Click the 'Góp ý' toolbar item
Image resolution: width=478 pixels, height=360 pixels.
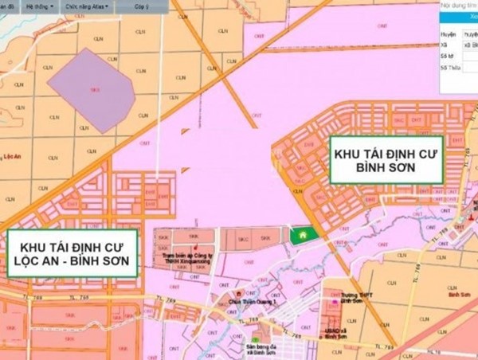click(x=140, y=6)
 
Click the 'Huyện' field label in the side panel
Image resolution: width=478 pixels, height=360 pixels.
click(x=449, y=35)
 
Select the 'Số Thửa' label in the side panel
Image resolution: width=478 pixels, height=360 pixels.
click(x=451, y=68)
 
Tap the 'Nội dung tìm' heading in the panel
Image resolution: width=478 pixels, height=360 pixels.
click(x=460, y=6)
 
